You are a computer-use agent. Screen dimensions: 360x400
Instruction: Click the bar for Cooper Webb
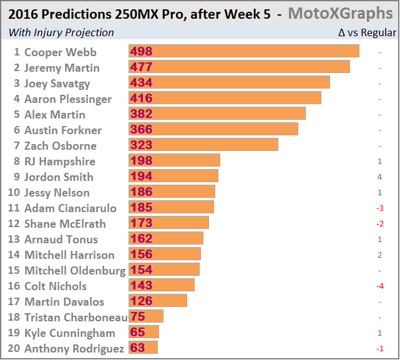[x=243, y=51]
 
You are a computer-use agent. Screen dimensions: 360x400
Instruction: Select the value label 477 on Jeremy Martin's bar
[x=142, y=67]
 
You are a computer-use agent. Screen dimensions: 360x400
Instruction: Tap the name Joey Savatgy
[x=57, y=83]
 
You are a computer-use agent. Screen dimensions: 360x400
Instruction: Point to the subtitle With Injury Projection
[x=61, y=32]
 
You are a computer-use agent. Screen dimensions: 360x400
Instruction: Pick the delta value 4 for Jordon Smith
[x=379, y=177]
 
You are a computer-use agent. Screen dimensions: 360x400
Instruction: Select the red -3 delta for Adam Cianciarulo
[x=379, y=208]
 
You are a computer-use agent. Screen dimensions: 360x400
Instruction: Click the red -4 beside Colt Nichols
[x=379, y=286]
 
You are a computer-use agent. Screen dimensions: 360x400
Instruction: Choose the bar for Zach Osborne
[x=203, y=145]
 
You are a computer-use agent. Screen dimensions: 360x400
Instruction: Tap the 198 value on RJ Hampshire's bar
[x=142, y=161]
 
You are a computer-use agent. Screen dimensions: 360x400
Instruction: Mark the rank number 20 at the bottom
[x=13, y=349]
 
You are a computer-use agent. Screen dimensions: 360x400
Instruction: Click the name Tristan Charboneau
[x=76, y=317]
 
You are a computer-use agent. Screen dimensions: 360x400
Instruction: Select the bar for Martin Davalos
[x=158, y=301]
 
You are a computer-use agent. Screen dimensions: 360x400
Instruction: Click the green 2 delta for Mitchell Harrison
[x=379, y=255]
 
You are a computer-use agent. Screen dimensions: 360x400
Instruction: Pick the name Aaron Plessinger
[x=68, y=99]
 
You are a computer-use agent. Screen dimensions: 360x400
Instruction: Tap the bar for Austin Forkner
[x=213, y=129]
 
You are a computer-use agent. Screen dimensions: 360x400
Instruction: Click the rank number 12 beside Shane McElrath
[x=13, y=223]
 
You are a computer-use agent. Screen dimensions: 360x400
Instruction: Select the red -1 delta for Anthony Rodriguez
[x=379, y=348]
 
